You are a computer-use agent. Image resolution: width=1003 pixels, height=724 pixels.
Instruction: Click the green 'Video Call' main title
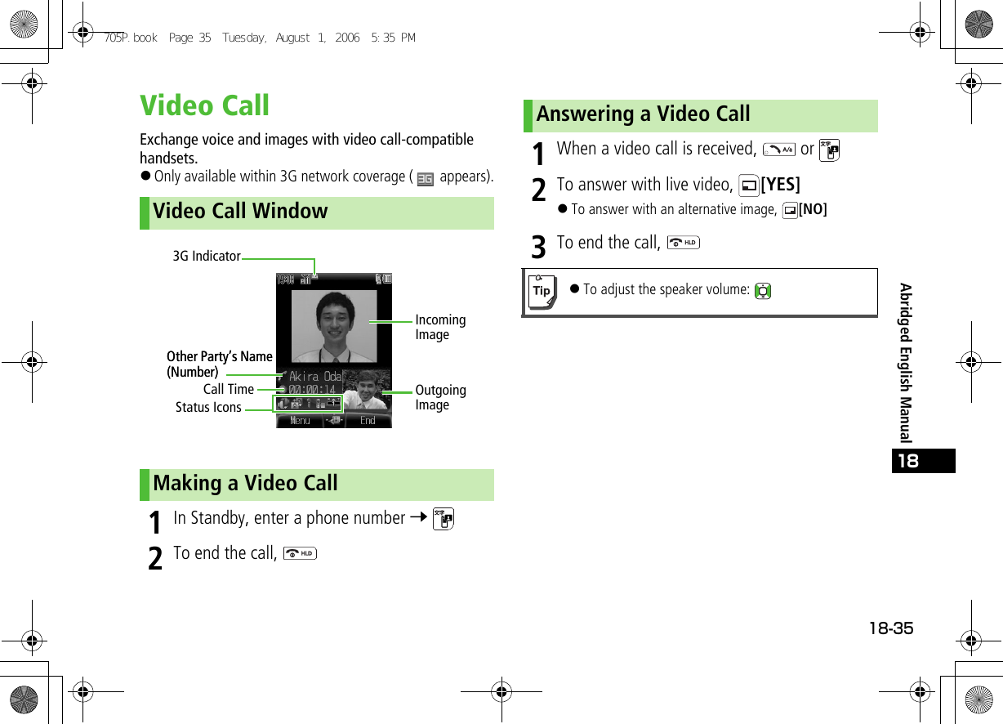(204, 105)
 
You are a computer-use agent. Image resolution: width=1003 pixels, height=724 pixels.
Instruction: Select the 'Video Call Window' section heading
(239, 212)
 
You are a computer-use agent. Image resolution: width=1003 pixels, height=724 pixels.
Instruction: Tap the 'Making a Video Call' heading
(244, 484)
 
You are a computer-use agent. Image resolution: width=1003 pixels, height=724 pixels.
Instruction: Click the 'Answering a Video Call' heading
(643, 114)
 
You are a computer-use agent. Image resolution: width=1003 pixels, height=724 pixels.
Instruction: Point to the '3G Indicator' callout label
(207, 257)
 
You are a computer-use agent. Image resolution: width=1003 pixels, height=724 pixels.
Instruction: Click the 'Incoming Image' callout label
(440, 328)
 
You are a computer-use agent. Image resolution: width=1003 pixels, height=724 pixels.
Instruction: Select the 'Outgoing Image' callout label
(440, 398)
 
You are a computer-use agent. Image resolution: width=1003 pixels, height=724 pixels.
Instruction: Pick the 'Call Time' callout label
(229, 390)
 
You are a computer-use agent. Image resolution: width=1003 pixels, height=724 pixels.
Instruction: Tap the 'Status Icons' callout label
(208, 408)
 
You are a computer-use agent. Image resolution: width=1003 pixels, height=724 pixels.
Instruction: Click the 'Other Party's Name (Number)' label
(219, 364)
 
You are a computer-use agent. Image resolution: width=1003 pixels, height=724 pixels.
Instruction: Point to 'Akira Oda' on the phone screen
(315, 377)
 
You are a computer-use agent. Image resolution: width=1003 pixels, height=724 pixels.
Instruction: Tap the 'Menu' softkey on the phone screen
(300, 421)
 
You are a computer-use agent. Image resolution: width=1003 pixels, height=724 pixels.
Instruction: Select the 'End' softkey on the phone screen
(368, 421)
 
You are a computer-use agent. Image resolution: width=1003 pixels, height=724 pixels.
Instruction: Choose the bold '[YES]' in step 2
(780, 185)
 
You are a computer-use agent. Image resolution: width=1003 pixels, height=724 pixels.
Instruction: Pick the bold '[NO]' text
(813, 210)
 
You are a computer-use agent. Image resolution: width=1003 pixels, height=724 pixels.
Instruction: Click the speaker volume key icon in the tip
(763, 291)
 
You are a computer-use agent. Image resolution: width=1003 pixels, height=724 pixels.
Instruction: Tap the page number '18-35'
(890, 628)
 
